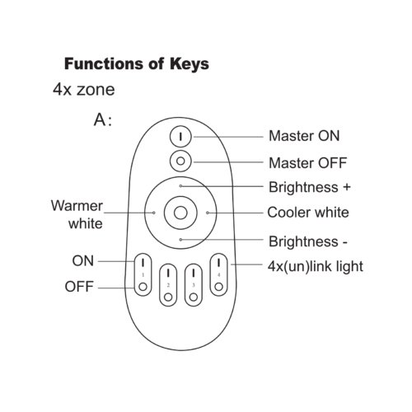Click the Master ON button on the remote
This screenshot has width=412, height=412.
pyautogui.click(x=180, y=137)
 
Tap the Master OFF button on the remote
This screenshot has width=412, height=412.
pyautogui.click(x=180, y=161)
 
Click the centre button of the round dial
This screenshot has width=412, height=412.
pyautogui.click(x=180, y=213)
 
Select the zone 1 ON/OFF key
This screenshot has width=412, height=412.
pyautogui.click(x=143, y=274)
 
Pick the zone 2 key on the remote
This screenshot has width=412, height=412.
pyautogui.click(x=168, y=285)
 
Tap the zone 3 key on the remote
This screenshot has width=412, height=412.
pyautogui.click(x=194, y=285)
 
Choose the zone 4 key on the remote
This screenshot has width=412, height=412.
pyautogui.click(x=218, y=274)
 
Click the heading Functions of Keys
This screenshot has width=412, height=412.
pyautogui.click(x=137, y=64)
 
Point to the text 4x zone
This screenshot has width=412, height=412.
pyautogui.click(x=84, y=90)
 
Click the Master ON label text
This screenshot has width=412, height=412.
pyautogui.click(x=304, y=136)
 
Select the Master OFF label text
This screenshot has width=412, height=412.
pyautogui.click(x=307, y=163)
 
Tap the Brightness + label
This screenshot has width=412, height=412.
pyautogui.click(x=310, y=187)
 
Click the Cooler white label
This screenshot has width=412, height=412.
pyautogui.click(x=308, y=213)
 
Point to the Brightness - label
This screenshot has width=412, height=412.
pyautogui.click(x=308, y=241)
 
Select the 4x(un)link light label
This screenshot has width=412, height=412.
pyautogui.click(x=316, y=266)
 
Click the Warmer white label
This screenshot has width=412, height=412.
pyautogui.click(x=77, y=214)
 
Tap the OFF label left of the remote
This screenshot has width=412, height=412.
pyautogui.click(x=79, y=287)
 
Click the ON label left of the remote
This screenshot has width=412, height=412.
pyautogui.click(x=83, y=260)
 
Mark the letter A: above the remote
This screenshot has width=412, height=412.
pyautogui.click(x=103, y=120)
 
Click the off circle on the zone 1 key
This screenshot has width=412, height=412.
pyautogui.click(x=143, y=287)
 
